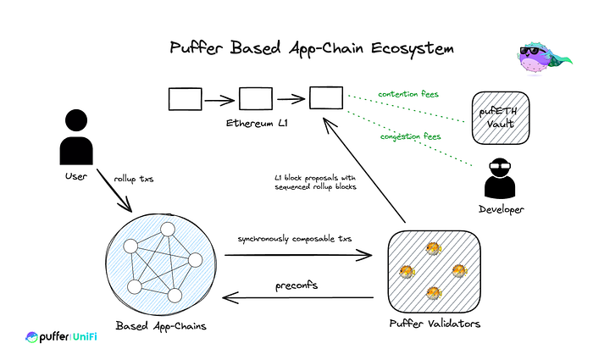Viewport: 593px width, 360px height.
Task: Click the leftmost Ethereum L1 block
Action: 186,99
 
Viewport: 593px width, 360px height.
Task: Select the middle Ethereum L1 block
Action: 255,99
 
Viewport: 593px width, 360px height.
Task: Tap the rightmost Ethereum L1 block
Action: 324,99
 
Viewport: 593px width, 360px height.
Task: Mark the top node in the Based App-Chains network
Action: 168,230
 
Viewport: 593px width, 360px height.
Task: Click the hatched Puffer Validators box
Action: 434,271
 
